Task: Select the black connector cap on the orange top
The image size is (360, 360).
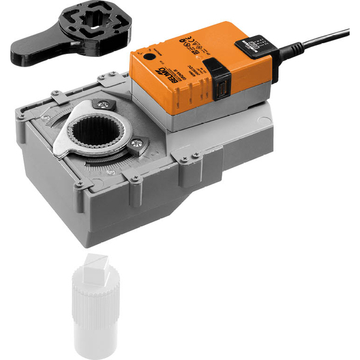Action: click(252, 47)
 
